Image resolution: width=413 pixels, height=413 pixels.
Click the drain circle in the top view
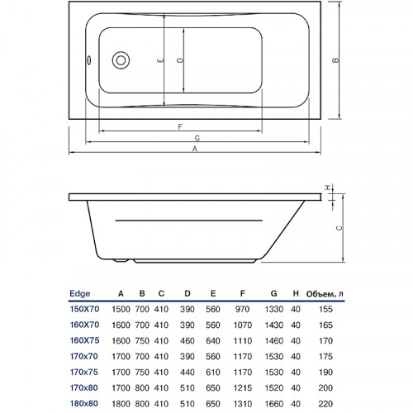click(121, 60)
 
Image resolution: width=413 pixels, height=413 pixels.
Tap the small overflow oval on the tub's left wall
click(89, 60)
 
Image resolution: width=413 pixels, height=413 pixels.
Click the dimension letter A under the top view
click(195, 149)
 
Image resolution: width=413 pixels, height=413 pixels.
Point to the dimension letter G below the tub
click(197, 138)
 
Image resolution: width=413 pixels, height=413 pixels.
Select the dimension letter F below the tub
click(180, 127)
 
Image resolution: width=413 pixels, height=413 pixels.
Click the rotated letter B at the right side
click(335, 60)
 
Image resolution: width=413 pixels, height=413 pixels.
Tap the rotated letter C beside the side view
click(339, 228)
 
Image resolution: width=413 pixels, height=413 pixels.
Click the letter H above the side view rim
click(328, 188)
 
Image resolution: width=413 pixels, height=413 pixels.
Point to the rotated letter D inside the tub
click(180, 60)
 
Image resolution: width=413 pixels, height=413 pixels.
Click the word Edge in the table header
click(80, 293)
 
